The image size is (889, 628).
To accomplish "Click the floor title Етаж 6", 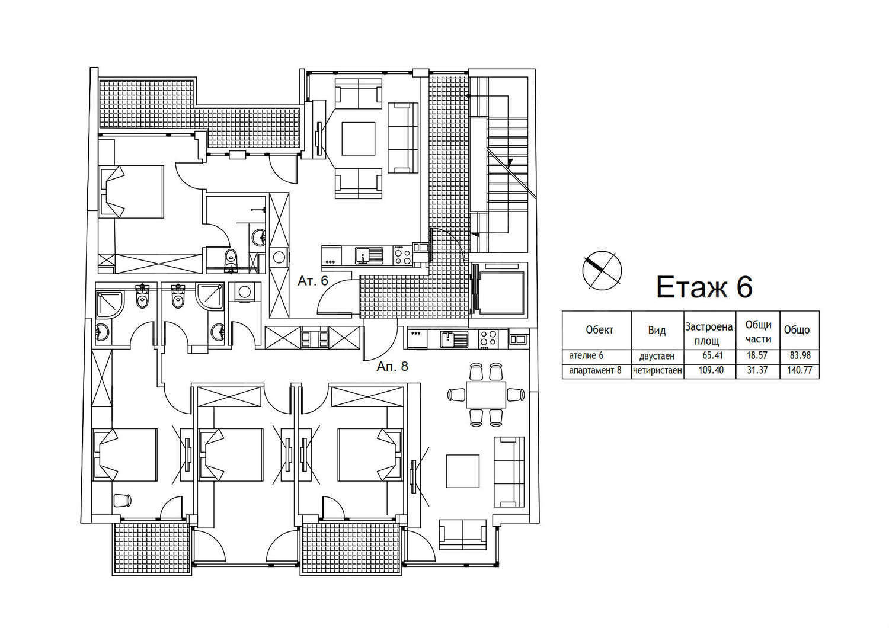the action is click(704, 287).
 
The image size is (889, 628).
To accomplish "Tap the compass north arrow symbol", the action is click(602, 271).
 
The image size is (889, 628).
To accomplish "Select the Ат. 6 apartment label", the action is click(313, 280).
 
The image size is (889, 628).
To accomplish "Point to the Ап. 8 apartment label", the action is click(392, 366).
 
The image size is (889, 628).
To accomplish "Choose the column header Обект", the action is click(599, 329).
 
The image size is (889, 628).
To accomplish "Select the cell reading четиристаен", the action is click(658, 370).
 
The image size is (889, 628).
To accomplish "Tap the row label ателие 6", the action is click(586, 355).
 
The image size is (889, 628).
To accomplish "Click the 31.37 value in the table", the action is click(757, 370).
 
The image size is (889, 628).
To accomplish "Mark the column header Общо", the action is click(797, 330).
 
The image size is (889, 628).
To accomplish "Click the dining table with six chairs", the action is click(486, 395).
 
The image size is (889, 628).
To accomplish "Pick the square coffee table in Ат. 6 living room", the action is click(359, 139).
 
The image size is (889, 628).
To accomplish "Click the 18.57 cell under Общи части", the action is click(757, 355).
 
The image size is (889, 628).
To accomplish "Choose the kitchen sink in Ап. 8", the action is click(453, 339).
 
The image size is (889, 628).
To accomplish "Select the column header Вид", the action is click(657, 330).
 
